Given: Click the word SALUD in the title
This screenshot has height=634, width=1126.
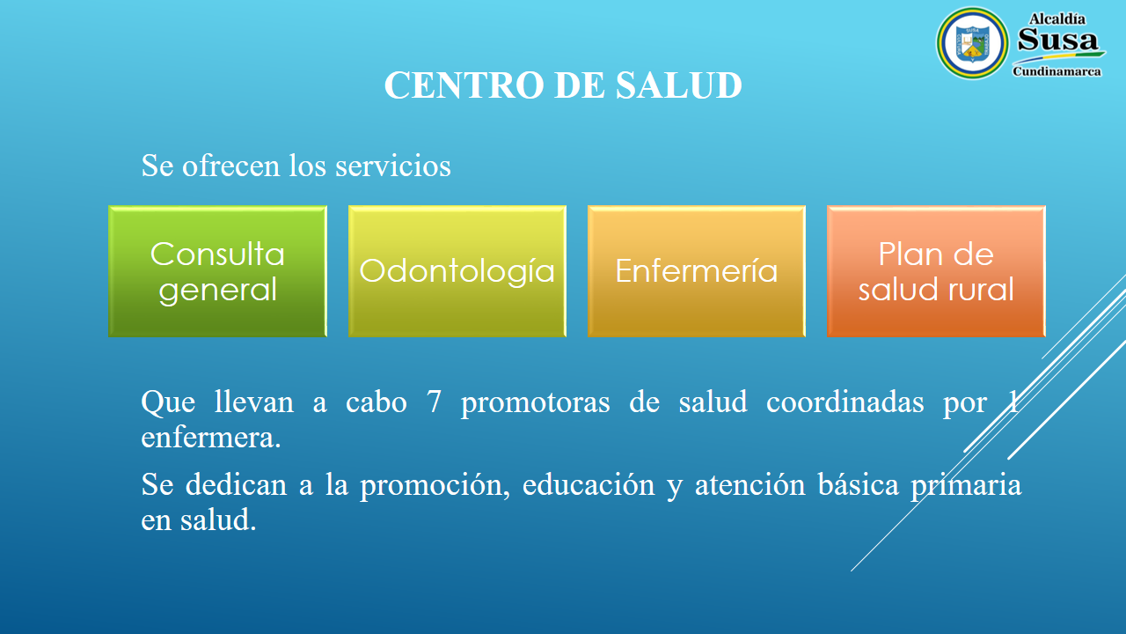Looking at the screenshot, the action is click(x=678, y=85).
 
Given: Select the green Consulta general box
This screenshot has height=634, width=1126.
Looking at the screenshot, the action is click(x=217, y=271).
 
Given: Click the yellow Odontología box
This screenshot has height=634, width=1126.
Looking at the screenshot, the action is click(x=457, y=271).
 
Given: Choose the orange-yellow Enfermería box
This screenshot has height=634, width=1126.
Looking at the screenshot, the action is click(x=697, y=271).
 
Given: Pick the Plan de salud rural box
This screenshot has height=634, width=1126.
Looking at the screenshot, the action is click(x=937, y=271).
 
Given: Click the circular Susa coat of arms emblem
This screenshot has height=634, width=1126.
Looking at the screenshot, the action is click(x=972, y=43).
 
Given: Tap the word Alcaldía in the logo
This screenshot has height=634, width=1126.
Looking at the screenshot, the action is click(x=1057, y=19).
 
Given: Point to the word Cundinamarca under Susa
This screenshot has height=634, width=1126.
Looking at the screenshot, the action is click(x=1057, y=71).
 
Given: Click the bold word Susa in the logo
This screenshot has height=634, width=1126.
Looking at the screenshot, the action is click(x=1058, y=40).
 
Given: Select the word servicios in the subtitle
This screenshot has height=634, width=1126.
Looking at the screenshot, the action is click(x=393, y=166).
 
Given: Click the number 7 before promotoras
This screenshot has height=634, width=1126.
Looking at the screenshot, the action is click(x=434, y=402).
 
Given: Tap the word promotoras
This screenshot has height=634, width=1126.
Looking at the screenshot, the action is click(x=536, y=404).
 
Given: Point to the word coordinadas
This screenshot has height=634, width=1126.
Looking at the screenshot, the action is click(x=845, y=402).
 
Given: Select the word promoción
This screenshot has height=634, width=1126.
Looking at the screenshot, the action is click(x=431, y=486).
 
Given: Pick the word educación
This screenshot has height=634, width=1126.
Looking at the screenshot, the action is click(x=589, y=485).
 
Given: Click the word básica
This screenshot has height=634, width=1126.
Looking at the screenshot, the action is click(x=858, y=484).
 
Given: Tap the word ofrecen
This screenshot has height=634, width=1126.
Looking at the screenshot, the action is click(x=230, y=166).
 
